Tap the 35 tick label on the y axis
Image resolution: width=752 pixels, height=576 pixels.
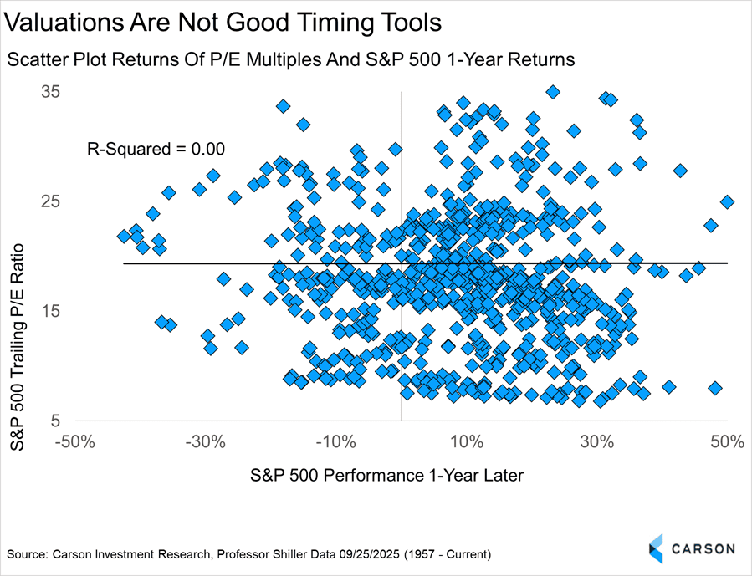[x=53, y=91]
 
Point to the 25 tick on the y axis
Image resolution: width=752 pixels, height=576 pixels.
[x=53, y=201]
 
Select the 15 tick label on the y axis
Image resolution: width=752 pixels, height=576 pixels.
[x=53, y=311]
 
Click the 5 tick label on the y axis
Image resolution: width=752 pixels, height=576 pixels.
[x=58, y=421]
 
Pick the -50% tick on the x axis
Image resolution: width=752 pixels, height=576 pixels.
[x=74, y=441]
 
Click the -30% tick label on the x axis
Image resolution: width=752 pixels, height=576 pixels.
[x=205, y=441]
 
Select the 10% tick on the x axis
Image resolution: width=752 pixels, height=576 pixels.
[x=467, y=441]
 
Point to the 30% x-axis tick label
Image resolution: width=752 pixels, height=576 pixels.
[x=597, y=441]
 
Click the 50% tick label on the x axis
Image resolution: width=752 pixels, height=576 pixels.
[x=728, y=441]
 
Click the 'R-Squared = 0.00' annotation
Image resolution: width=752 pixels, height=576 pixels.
[x=156, y=150]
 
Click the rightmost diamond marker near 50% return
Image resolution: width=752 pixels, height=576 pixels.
[x=727, y=201]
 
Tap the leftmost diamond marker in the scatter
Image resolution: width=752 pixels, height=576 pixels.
[x=124, y=237]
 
